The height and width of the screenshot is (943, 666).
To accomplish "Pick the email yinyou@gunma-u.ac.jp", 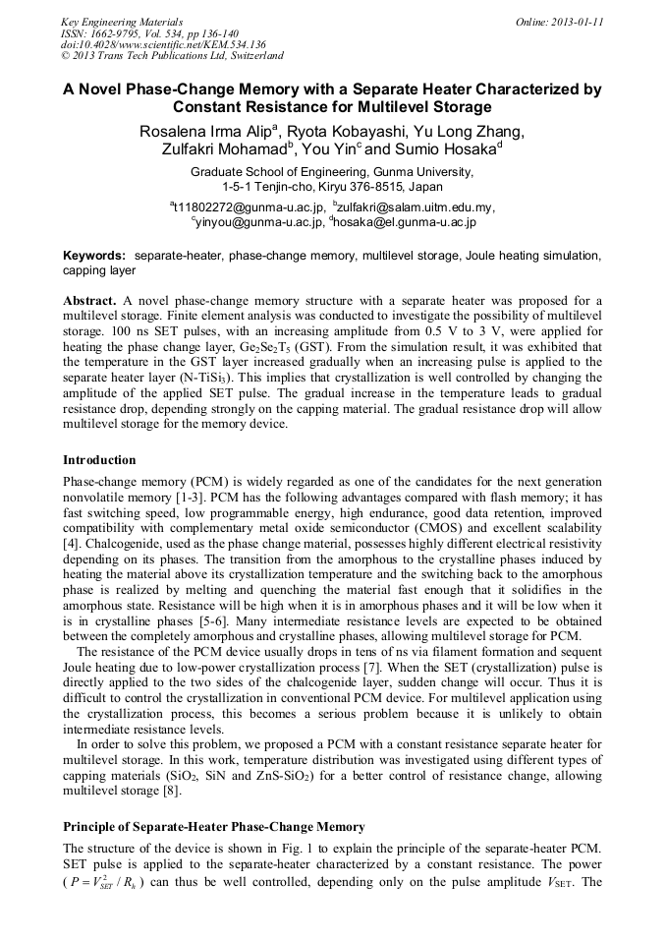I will tap(257, 223).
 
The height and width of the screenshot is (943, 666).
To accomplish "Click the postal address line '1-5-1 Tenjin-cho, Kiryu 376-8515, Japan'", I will tap(332, 186).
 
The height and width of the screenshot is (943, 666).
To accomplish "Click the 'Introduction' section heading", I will tap(99, 459).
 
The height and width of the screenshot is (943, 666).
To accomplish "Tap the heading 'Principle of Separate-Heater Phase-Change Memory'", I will tap(213, 827).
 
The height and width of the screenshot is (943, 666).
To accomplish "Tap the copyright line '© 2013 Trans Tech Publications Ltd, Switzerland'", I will tap(172, 57).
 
